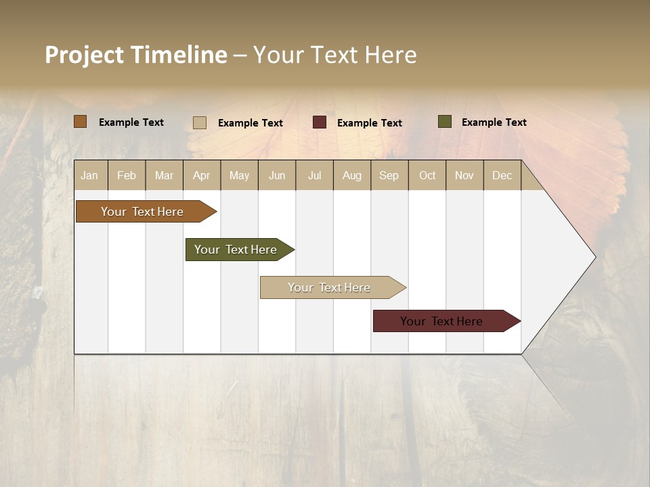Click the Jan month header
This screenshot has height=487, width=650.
click(x=89, y=175)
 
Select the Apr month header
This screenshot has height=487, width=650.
click(x=201, y=175)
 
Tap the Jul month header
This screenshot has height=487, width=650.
click(x=314, y=175)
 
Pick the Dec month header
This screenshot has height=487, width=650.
click(x=502, y=175)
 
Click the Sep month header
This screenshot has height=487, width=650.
click(x=389, y=175)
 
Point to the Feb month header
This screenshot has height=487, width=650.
click(x=127, y=175)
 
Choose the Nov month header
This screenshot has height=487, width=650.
click(x=464, y=175)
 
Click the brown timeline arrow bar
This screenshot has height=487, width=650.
click(x=142, y=212)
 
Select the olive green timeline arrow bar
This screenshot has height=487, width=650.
click(x=236, y=250)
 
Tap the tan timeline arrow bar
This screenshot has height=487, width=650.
click(x=329, y=287)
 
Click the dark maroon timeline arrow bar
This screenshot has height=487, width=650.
click(x=441, y=321)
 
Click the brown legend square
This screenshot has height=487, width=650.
click(x=80, y=122)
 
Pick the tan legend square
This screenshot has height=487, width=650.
click(x=199, y=122)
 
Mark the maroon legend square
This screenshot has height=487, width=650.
click(x=320, y=122)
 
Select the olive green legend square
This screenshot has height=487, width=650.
click(x=444, y=122)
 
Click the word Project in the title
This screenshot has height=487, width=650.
click(x=85, y=55)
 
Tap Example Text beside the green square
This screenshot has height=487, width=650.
click(x=494, y=122)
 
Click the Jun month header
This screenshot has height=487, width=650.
click(x=277, y=175)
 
